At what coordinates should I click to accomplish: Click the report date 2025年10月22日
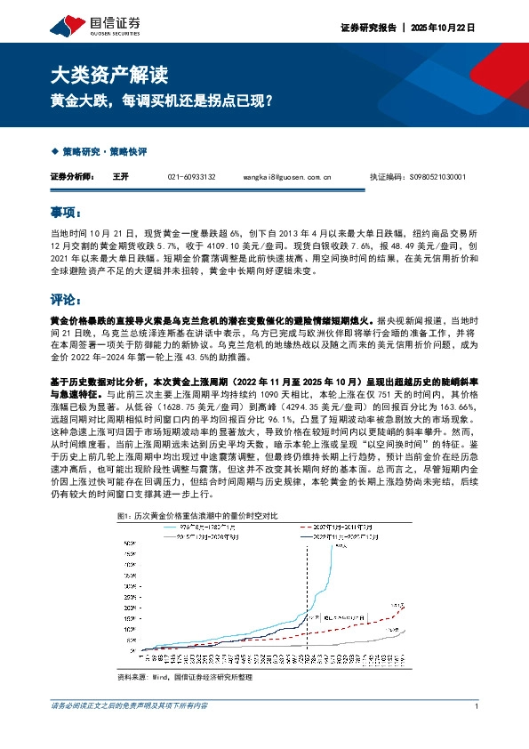click(x=445, y=28)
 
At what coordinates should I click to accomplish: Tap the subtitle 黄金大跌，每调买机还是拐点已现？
click(x=160, y=102)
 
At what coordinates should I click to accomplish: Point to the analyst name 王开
click(x=121, y=177)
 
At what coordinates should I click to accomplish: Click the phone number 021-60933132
click(x=191, y=177)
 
